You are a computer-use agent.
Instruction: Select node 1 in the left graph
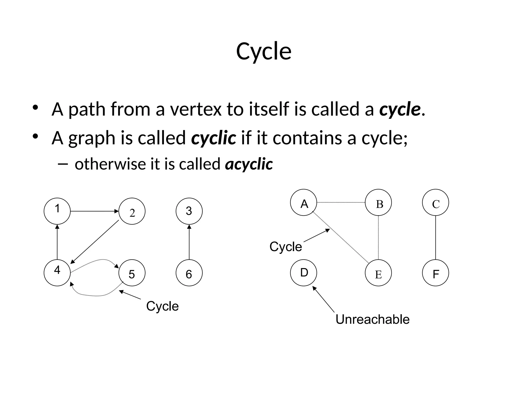(x=57, y=211)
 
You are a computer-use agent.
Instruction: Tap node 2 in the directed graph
(x=132, y=211)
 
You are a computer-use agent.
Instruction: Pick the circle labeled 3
(x=189, y=211)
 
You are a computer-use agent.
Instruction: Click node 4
(x=57, y=273)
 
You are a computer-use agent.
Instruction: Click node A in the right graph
(x=303, y=202)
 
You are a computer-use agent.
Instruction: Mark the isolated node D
(x=303, y=273)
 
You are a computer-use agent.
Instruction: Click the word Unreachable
(x=372, y=319)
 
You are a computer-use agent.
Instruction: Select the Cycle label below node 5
(x=162, y=306)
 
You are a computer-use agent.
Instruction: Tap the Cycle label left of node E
(x=285, y=247)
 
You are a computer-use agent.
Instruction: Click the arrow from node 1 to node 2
(x=94, y=211)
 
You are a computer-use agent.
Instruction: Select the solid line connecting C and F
(x=435, y=237)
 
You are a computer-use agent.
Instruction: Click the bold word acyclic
(x=249, y=164)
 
